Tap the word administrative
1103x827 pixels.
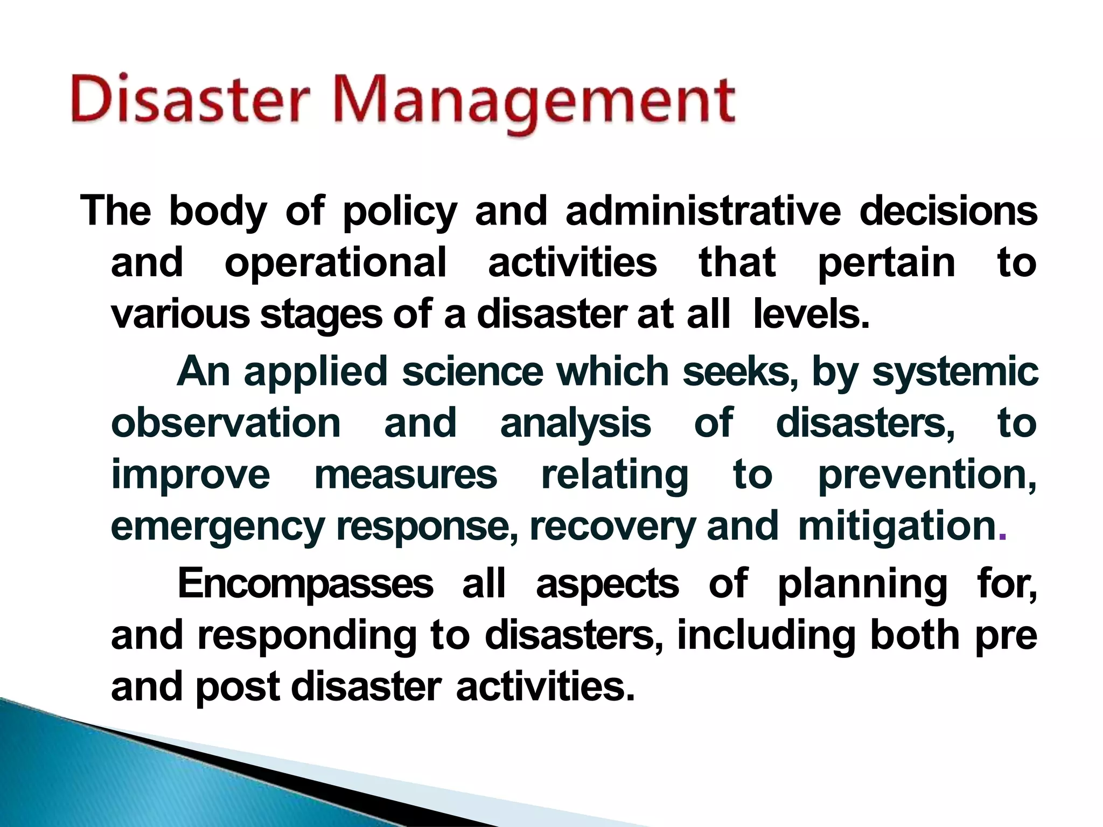(x=703, y=211)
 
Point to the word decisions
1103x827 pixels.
(x=948, y=211)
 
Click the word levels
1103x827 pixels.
(x=811, y=315)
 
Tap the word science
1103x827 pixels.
(x=473, y=372)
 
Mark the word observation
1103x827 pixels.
(x=226, y=423)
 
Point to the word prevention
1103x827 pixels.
(x=927, y=475)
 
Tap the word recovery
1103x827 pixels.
(x=613, y=528)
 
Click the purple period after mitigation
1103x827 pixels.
(x=1002, y=536)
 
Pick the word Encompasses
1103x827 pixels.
(x=305, y=584)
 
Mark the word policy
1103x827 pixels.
(x=400, y=212)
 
